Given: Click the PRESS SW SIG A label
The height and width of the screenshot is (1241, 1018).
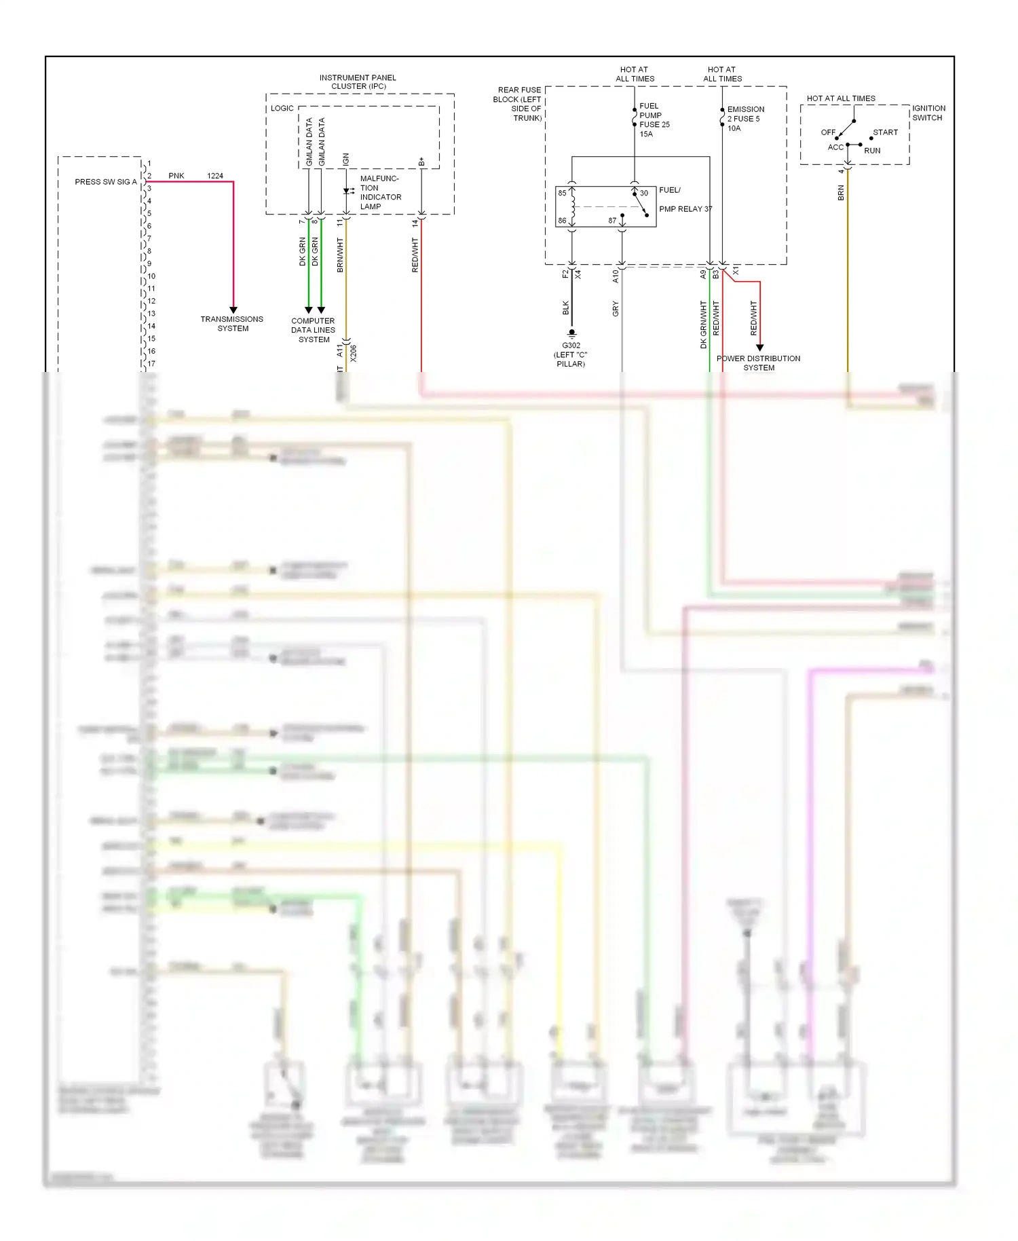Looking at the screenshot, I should coord(105,182).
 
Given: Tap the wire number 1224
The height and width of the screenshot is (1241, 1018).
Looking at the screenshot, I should coord(215,176).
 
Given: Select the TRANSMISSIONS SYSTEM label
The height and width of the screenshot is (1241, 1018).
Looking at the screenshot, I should coord(232,324).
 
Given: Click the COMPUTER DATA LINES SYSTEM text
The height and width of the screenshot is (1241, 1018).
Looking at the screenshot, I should coord(313,330).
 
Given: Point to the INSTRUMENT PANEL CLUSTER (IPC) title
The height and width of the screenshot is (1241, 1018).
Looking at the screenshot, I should coord(358,82).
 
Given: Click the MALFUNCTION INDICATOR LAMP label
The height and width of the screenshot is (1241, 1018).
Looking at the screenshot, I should coord(380,193).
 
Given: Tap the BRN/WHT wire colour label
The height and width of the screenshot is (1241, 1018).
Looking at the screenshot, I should coord(340,255).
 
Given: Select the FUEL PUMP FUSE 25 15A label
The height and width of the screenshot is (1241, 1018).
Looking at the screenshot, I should coord(654,120).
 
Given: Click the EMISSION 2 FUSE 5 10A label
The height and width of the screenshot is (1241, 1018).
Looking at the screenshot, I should coord(745,119).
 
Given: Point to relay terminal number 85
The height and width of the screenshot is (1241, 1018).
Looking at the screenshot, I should coord(562,193).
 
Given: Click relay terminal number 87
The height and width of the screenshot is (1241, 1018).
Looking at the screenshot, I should coord(612,221).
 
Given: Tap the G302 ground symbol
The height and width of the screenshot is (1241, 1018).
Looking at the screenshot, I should coord(571,333).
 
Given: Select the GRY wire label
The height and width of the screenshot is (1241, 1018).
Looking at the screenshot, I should coord(616,309).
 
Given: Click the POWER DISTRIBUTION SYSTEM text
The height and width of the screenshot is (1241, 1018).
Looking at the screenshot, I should coord(758,363).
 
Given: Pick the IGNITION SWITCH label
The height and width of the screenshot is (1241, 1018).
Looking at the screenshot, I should coord(928,113).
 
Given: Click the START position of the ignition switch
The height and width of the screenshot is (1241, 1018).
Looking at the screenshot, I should coord(885,132).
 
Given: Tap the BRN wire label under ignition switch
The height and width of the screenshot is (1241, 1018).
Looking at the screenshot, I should coord(841,193).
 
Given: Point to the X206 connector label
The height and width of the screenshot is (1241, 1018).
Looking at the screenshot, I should coord(353,353).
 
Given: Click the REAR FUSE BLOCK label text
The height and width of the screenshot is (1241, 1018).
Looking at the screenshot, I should coord(519,104).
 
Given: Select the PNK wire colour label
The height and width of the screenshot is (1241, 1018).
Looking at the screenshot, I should coord(176,176).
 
